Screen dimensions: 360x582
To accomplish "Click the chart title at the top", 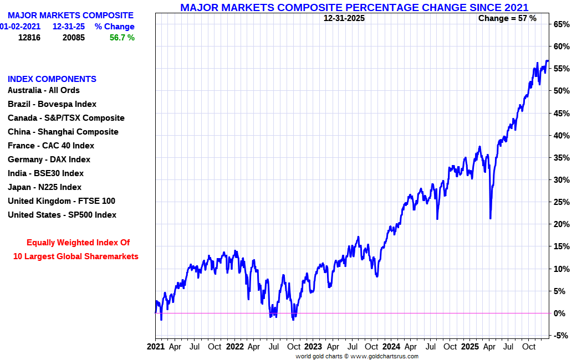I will (354, 7).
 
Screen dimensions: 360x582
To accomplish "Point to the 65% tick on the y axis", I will (561, 24).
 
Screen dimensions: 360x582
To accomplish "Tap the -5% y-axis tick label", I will (561, 336).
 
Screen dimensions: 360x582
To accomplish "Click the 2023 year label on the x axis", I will (312, 347).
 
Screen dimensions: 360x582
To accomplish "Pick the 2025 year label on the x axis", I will (469, 347).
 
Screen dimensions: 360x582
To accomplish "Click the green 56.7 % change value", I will (122, 38).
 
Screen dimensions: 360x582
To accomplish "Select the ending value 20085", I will (73, 38).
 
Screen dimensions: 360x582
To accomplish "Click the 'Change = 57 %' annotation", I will (507, 18).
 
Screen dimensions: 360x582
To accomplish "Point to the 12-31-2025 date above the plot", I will (344, 18).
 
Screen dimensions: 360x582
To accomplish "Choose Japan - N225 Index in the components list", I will (44, 187).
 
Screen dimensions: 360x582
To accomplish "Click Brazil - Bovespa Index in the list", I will (52, 104).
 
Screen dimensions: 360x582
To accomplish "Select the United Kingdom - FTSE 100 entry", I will (62, 201).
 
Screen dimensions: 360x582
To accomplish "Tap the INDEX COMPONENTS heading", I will (52, 79).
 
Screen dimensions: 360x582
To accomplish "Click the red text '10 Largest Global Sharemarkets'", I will (76, 256).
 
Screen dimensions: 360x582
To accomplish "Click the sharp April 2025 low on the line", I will (491, 218).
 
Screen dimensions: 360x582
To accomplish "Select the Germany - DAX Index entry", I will (49, 160).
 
